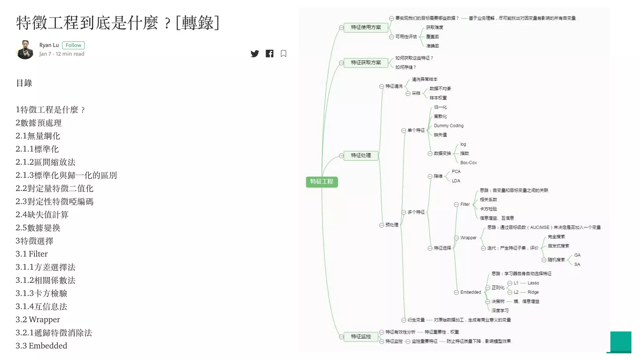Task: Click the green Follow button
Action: (73, 45)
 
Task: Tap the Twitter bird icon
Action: (255, 54)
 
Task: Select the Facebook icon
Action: (269, 54)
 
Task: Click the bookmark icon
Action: (283, 54)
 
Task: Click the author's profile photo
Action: (25, 49)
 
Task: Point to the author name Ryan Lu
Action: (49, 45)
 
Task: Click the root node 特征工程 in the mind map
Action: (322, 182)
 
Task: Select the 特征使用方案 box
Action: (366, 27)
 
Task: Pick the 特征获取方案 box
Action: (366, 62)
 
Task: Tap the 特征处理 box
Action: (361, 155)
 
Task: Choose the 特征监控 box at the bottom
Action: (361, 337)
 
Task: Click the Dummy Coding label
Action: (448, 126)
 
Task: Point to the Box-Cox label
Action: (468, 162)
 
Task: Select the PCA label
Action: (456, 172)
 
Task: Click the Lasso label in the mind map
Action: (533, 283)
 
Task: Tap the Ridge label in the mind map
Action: (533, 292)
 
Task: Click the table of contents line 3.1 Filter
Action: (32, 254)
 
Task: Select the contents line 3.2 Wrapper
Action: (38, 319)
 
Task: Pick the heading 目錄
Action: (24, 83)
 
